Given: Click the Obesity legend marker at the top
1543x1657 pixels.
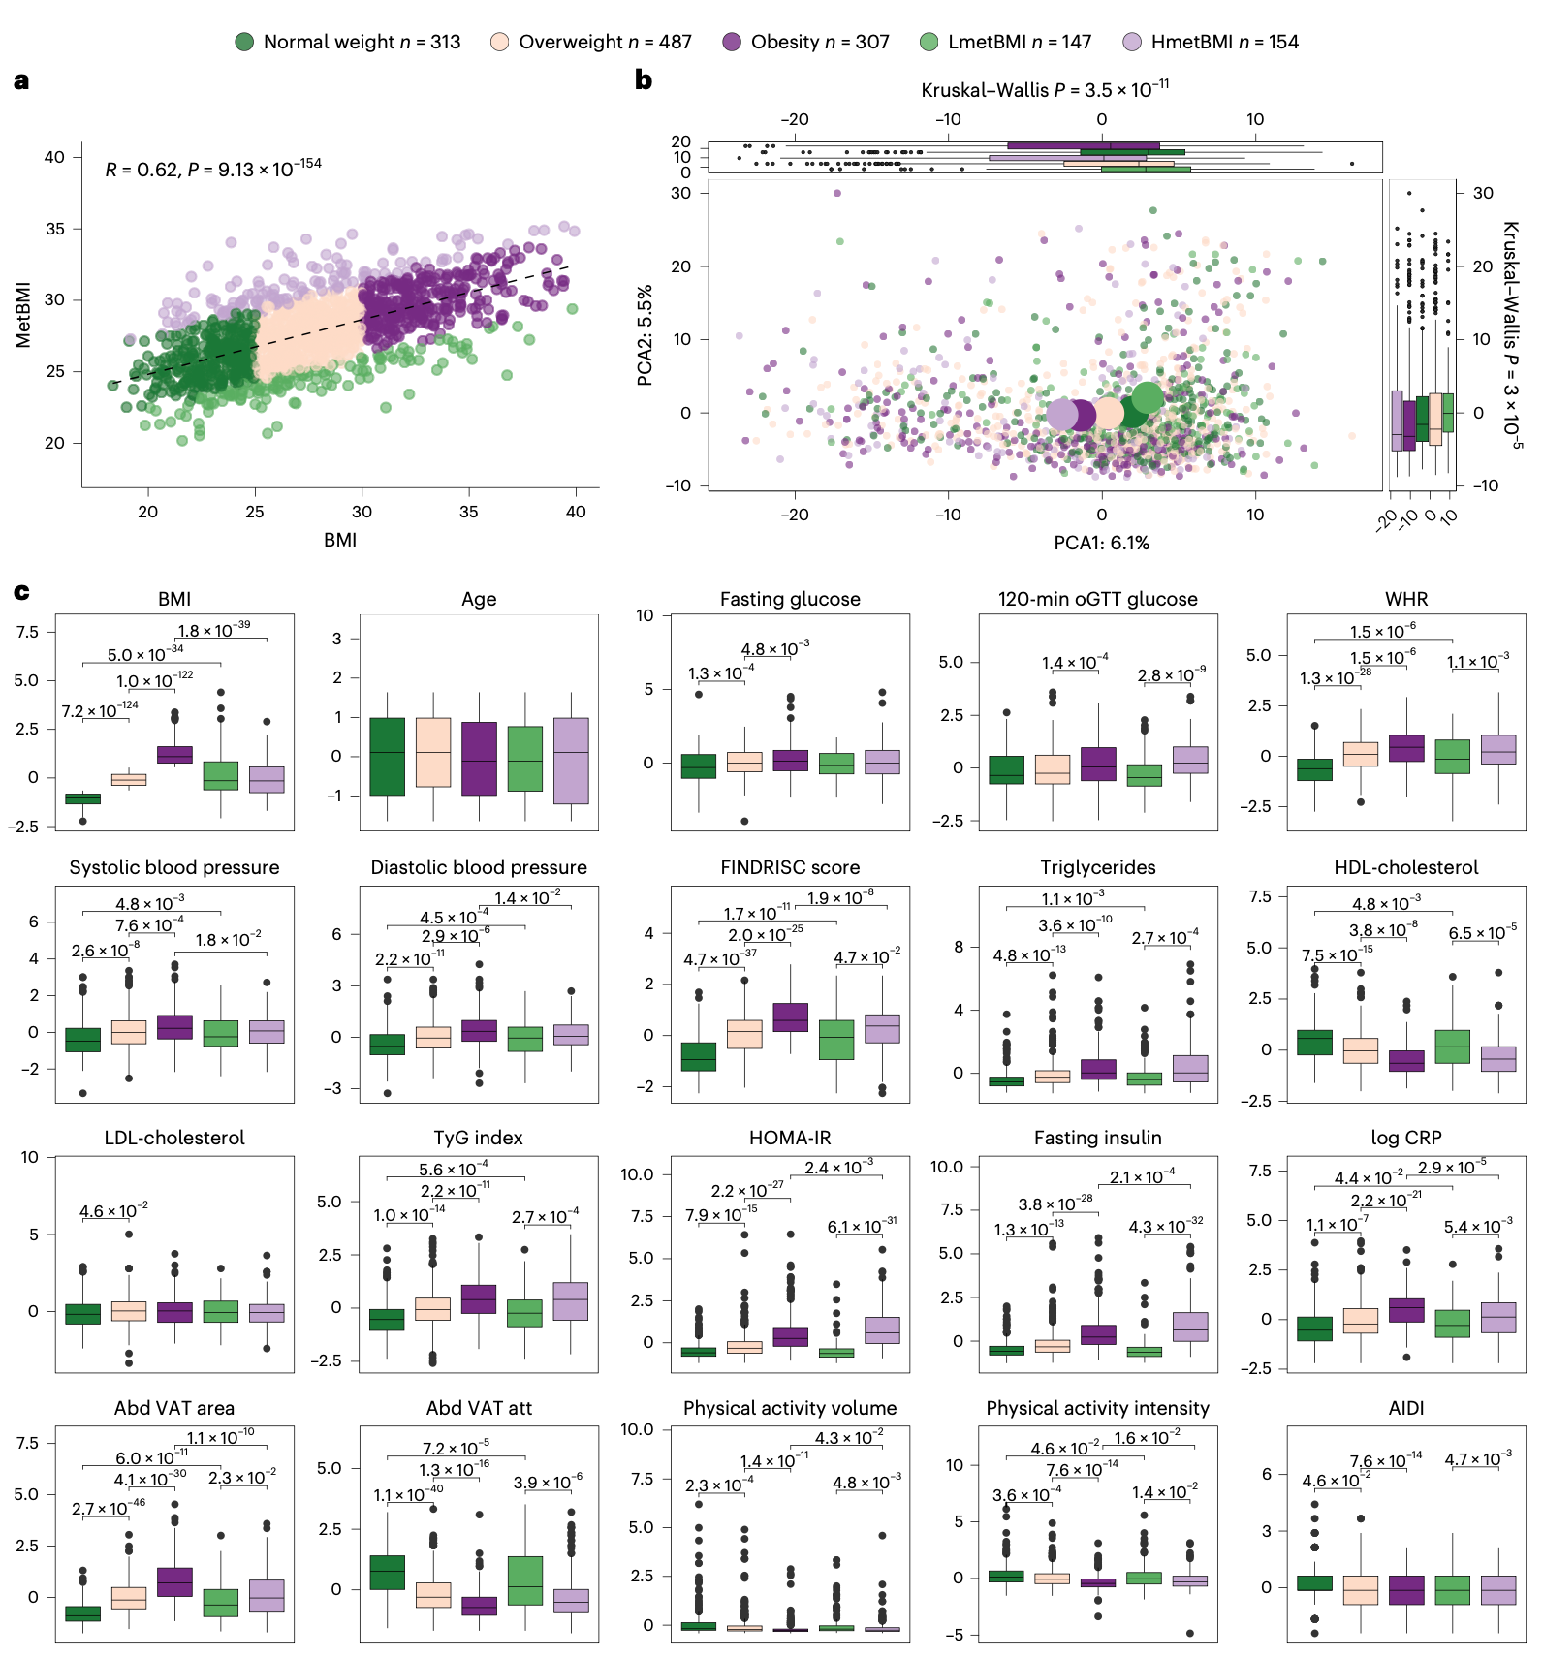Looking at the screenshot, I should tap(732, 42).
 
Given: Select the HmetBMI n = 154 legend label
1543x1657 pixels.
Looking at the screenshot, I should tap(1224, 42).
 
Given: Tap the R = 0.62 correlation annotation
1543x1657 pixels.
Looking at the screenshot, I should tap(213, 169).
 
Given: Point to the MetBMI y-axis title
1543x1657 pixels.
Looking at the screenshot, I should tap(23, 315).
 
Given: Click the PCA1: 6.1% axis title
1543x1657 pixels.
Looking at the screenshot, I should tap(1101, 543).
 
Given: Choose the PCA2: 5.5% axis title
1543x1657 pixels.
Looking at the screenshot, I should tap(645, 335).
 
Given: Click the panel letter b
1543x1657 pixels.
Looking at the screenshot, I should tap(643, 80).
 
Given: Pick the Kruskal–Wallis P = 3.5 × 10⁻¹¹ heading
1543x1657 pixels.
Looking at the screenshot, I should tap(1045, 90).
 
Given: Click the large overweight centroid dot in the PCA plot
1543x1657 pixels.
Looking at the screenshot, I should tap(1107, 414).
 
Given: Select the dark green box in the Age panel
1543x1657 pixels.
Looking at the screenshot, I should tap(387, 756).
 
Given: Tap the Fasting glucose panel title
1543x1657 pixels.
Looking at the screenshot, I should tap(790, 599).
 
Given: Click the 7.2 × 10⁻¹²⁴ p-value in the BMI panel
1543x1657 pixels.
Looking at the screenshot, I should tap(99, 711).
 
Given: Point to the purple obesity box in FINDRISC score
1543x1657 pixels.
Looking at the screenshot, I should tap(791, 1016).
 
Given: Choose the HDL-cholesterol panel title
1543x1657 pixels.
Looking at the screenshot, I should tap(1405, 867).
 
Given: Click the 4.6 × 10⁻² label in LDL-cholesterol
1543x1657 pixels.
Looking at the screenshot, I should tap(113, 1211).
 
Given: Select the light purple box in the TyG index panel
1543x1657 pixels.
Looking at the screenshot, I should tap(571, 1300).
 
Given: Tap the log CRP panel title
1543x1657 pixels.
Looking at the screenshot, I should tap(1405, 1138).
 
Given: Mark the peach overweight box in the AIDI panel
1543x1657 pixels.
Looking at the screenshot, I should tap(1360, 1590).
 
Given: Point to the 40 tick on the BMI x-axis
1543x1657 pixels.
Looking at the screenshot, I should tap(576, 512).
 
